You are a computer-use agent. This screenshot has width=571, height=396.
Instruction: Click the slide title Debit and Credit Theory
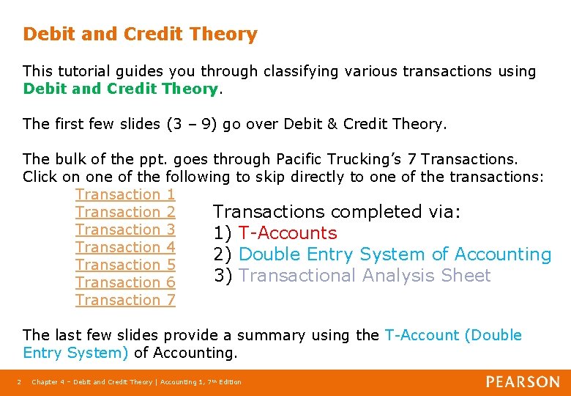140,34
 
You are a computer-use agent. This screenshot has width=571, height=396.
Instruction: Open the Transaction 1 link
125,194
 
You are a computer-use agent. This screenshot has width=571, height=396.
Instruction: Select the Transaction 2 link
125,212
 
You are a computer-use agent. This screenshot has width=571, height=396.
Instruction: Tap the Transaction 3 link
125,230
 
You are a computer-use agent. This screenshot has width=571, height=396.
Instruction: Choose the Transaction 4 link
125,247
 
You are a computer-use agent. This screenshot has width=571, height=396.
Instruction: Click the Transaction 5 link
125,265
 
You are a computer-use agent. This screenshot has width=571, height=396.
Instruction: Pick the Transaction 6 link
125,282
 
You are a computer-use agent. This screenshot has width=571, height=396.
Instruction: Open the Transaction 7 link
125,300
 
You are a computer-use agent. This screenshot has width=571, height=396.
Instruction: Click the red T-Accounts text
288,233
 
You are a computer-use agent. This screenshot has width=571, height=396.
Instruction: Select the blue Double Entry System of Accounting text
395,254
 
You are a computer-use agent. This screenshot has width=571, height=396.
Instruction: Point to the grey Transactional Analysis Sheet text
365,276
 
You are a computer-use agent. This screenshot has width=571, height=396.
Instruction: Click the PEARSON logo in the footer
523,382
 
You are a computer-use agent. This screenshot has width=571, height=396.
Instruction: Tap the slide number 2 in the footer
18,382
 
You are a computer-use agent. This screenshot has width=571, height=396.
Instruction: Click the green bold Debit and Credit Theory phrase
121,89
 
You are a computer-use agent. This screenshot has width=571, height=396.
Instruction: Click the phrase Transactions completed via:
337,212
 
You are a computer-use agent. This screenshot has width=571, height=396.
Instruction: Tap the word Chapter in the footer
45,382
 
